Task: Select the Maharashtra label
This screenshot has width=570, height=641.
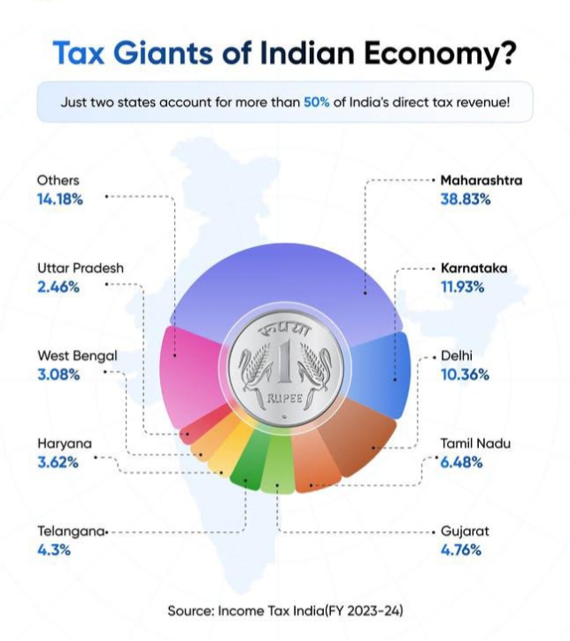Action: click(x=481, y=181)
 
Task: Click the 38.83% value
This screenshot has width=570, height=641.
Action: click(x=466, y=199)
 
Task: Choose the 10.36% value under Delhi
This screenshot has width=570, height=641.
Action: click(x=466, y=375)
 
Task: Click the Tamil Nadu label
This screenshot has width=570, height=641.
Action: click(x=476, y=444)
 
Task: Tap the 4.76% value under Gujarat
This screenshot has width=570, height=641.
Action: click(x=461, y=550)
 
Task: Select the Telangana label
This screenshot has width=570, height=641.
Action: click(x=71, y=532)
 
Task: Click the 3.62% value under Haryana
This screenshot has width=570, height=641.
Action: click(x=58, y=461)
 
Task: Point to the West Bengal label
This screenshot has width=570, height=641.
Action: click(x=77, y=356)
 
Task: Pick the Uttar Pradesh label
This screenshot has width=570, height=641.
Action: click(x=81, y=267)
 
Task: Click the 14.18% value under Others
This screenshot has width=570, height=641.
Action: click(x=60, y=199)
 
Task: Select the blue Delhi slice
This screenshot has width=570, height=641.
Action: click(x=390, y=367)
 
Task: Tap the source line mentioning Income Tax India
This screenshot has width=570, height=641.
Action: click(x=285, y=611)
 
